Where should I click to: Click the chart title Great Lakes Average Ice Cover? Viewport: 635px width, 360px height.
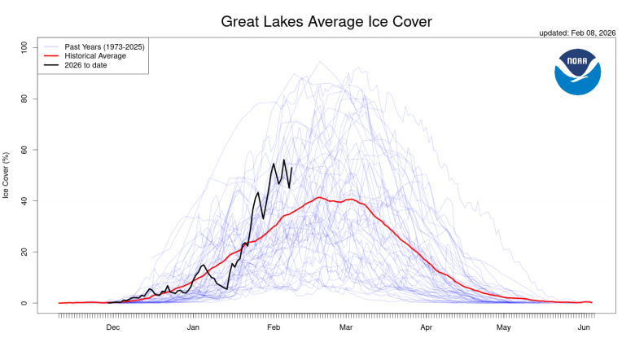coord(326,20)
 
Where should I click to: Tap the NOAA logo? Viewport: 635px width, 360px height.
coord(577,71)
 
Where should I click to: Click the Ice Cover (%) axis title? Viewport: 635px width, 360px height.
coord(7,175)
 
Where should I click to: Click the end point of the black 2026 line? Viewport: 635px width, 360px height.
coord(291,168)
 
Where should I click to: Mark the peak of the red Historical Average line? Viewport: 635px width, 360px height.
coord(319,197)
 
